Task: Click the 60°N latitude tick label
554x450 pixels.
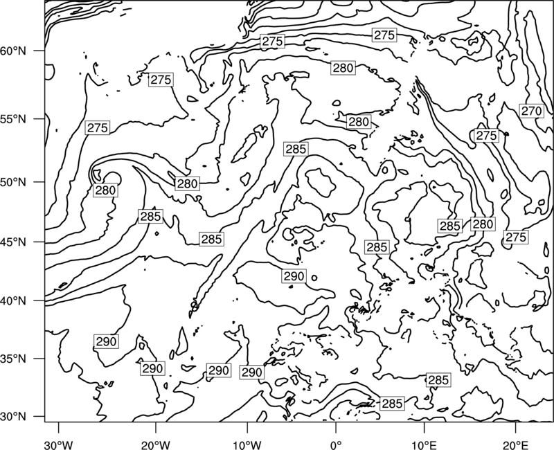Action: click(x=13, y=51)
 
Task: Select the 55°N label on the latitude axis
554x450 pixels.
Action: click(x=13, y=119)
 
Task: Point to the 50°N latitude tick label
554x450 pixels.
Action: click(x=13, y=182)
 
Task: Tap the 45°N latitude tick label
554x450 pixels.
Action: click(x=13, y=242)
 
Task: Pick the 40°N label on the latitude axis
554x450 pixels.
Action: click(x=13, y=301)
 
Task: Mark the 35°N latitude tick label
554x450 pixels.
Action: click(x=13, y=359)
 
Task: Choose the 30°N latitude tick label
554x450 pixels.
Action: click(x=13, y=417)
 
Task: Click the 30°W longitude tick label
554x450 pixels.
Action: click(x=59, y=444)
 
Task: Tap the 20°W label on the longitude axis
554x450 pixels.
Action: click(x=156, y=444)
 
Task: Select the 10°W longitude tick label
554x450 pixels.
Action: click(x=247, y=444)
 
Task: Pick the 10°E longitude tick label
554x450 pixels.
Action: click(x=424, y=444)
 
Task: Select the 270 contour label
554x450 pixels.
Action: click(x=531, y=111)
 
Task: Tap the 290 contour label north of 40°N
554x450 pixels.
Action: click(x=294, y=276)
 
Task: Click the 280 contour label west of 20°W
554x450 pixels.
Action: click(x=106, y=190)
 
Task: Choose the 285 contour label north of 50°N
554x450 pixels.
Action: click(x=296, y=149)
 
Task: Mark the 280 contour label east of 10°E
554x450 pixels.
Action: click(x=483, y=224)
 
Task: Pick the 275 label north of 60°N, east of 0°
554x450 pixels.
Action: click(x=384, y=35)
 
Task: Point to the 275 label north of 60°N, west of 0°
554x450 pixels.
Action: click(x=272, y=42)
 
